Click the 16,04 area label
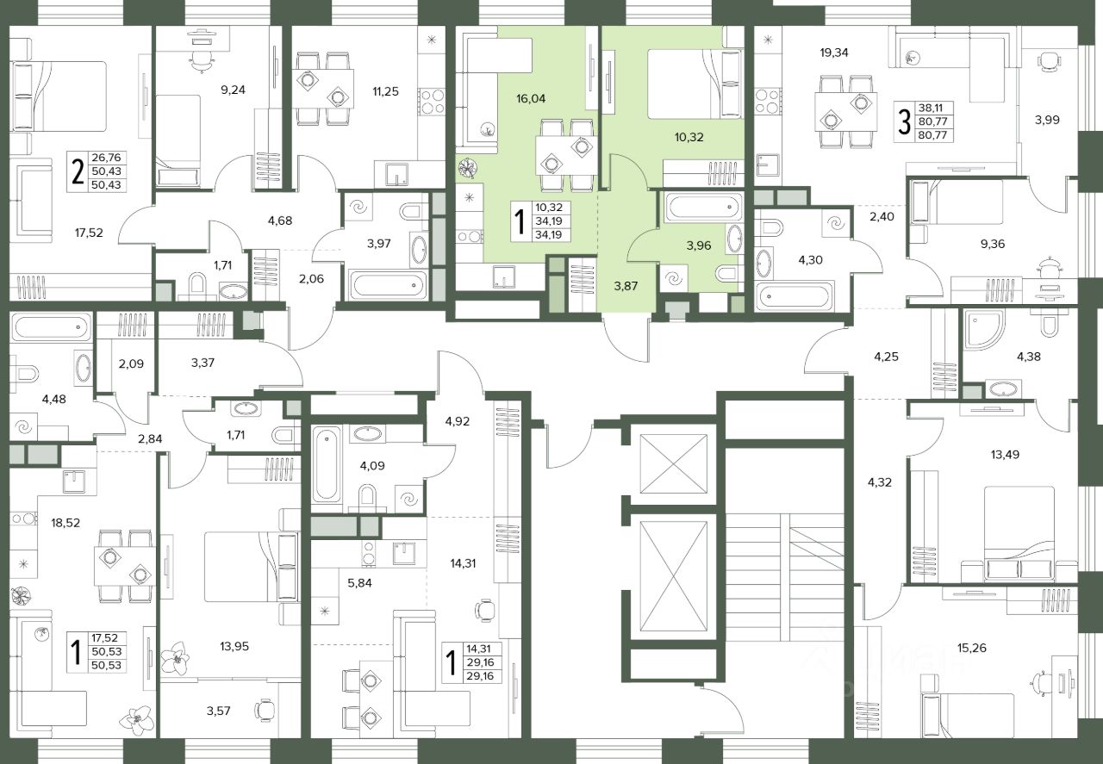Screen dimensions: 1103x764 click(531, 99)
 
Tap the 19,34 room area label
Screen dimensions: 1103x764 click(834, 53)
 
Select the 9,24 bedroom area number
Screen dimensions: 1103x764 click(233, 90)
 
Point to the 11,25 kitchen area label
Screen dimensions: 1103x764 click(385, 91)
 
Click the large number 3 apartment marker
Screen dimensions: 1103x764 click(904, 122)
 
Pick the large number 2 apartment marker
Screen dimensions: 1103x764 click(78, 172)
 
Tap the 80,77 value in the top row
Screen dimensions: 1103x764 click(932, 121)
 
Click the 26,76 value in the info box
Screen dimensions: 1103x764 click(106, 158)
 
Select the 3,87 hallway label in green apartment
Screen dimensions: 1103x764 click(626, 286)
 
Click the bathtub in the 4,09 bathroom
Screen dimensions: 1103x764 click(327, 464)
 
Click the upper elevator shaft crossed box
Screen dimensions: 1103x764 click(673, 463)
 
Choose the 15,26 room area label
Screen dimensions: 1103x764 click(972, 648)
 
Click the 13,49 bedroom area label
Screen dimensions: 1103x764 click(1005, 455)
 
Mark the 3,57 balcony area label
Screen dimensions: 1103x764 click(218, 711)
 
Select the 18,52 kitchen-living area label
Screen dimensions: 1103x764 click(65, 523)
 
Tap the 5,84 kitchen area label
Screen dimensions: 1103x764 click(359, 583)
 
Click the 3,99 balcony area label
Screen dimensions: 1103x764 click(1047, 120)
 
